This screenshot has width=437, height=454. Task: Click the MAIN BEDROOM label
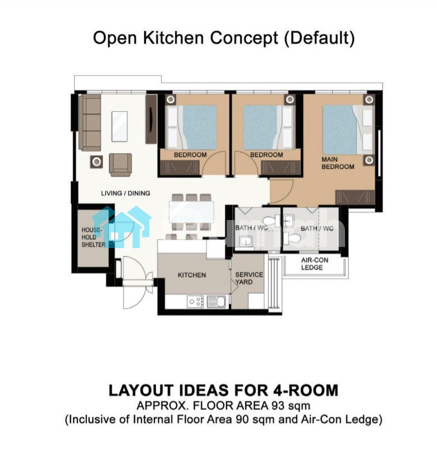[338, 163]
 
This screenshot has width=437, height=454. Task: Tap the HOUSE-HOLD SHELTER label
[93, 237]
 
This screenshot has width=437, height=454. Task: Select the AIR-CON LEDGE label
[315, 264]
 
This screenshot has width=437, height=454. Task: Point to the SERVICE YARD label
[249, 278]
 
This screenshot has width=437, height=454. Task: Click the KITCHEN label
[192, 275]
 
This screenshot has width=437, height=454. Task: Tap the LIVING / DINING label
[126, 193]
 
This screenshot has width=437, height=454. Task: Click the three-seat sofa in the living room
[90, 122]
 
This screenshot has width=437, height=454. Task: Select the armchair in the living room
[121, 165]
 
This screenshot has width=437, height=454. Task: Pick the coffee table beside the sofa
[119, 126]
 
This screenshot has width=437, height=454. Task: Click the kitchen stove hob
[195, 301]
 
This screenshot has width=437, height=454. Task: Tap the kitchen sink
[217, 301]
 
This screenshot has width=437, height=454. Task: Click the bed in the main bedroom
[347, 130]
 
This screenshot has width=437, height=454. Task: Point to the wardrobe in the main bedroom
[355, 197]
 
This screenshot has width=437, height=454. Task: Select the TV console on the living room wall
[151, 118]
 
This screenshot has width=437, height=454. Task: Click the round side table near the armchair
[96, 162]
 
